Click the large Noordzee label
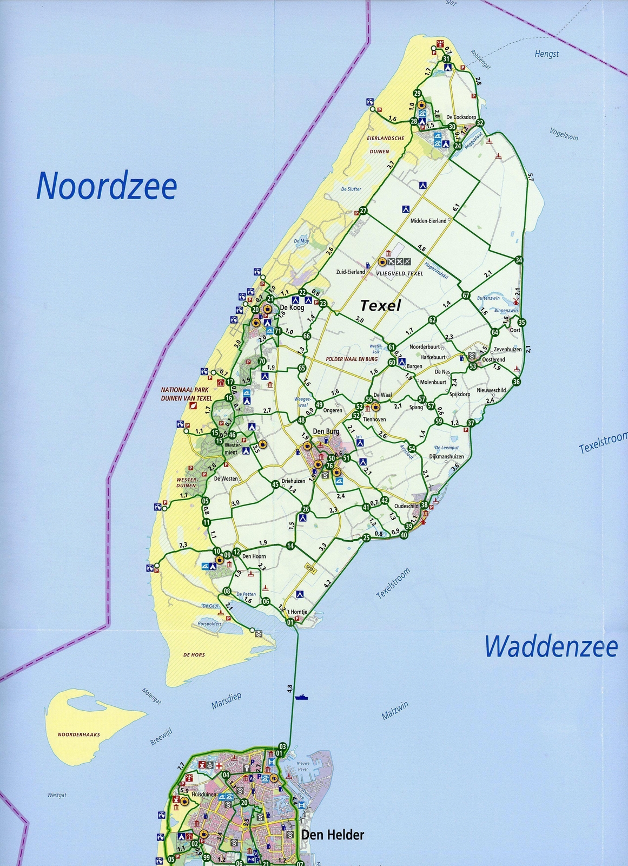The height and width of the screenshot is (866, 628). (x=107, y=186)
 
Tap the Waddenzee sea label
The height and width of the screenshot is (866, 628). (x=550, y=647)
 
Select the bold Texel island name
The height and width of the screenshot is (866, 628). (x=381, y=306)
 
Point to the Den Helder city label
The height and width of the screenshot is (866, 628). (x=333, y=835)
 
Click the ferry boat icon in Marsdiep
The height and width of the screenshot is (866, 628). (x=302, y=697)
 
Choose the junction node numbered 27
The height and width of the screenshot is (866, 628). (x=363, y=211)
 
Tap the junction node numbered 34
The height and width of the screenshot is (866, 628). (x=519, y=260)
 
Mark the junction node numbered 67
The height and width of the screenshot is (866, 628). (x=466, y=296)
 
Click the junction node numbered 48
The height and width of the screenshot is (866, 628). (x=301, y=420)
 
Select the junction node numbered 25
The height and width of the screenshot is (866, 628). (x=366, y=537)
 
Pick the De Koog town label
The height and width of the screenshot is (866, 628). (x=292, y=307)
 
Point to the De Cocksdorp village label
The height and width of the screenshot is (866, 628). (x=461, y=117)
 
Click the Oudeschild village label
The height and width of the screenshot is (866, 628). (x=406, y=506)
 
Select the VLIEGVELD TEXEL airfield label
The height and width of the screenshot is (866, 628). (x=399, y=273)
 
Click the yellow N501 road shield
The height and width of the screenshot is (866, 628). (x=309, y=568)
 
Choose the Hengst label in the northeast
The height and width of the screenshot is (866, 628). (x=546, y=54)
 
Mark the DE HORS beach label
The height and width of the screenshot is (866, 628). (x=194, y=655)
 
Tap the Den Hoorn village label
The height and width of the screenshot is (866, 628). (x=254, y=556)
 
